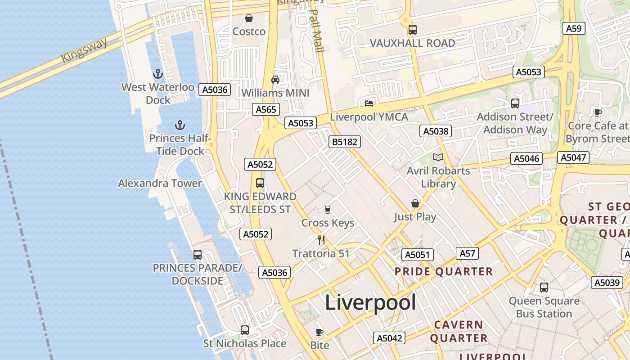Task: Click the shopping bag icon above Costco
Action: [x=248, y=18]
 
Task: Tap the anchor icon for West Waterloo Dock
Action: [x=157, y=73]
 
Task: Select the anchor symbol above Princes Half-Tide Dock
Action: [x=180, y=125]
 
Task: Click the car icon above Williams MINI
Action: [x=275, y=80]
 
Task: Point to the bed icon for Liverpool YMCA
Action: [x=369, y=103]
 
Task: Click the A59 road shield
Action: [x=574, y=28]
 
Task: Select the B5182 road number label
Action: [x=345, y=142]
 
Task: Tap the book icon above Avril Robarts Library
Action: [x=438, y=157]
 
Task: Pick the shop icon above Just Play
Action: [x=415, y=203]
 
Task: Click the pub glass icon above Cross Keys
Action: [x=328, y=209]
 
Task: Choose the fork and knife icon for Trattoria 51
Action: [x=321, y=240]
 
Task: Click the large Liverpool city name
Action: [x=370, y=302]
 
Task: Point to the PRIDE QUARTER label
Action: [x=444, y=271]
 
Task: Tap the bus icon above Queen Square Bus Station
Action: [x=544, y=287]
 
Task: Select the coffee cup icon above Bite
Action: [x=319, y=332]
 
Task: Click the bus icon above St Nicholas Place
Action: [x=244, y=330]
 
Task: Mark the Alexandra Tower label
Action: [x=160, y=183]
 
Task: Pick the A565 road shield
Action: [x=266, y=109]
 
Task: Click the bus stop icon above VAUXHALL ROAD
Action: [x=412, y=30]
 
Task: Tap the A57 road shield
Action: [x=467, y=253]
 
